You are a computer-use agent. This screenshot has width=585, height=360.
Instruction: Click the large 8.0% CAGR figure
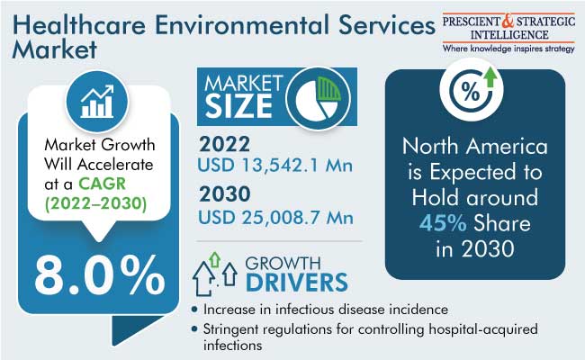[x=100, y=276]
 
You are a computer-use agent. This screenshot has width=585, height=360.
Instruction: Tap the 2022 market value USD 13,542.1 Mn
[x=275, y=165]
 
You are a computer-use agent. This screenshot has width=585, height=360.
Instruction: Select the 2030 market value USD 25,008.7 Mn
[x=275, y=218]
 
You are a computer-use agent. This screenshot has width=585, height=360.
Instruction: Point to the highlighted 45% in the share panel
[x=443, y=223]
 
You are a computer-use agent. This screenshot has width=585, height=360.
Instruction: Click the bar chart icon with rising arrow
[x=97, y=102]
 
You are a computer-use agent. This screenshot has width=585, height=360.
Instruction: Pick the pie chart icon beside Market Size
[x=319, y=98]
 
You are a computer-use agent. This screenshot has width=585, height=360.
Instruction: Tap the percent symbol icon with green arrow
[x=472, y=89]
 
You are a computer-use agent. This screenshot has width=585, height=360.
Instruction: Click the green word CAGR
[x=103, y=184]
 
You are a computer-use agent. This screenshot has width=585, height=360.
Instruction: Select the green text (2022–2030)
[x=96, y=203]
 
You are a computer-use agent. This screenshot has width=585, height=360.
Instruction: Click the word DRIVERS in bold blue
[x=297, y=283]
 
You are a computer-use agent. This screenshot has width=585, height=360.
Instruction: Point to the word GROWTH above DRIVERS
[x=283, y=264]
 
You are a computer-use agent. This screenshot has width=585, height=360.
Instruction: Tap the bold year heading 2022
[x=225, y=144]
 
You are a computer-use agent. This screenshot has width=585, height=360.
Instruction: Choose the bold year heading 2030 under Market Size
[x=225, y=194]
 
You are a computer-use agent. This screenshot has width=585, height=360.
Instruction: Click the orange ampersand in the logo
[x=508, y=22]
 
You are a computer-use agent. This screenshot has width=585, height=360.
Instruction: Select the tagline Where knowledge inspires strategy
[x=508, y=49]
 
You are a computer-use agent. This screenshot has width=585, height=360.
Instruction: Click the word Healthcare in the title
[x=79, y=24]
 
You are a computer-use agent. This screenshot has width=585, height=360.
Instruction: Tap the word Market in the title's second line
[x=55, y=49]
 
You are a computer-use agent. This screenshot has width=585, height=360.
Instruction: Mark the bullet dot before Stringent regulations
[x=194, y=328]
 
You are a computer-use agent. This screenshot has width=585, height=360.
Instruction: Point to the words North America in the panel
[x=475, y=146]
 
